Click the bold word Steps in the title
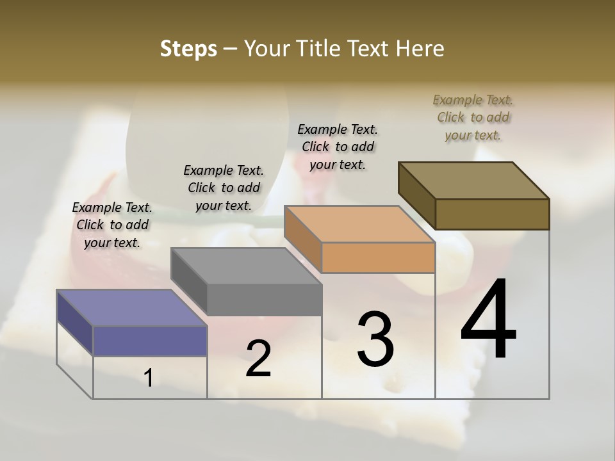point(188,49)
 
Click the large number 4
point(488,320)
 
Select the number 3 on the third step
point(375,339)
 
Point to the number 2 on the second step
point(258,359)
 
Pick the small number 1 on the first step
point(149,378)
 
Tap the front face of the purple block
point(150,341)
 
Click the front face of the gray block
point(264,300)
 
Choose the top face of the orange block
point(359,224)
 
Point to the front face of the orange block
point(378,257)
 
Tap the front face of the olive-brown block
point(492,214)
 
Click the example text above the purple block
point(112,225)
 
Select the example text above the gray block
point(224,188)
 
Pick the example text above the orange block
point(338,147)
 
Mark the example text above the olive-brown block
point(473,117)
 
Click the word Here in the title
point(421,49)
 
